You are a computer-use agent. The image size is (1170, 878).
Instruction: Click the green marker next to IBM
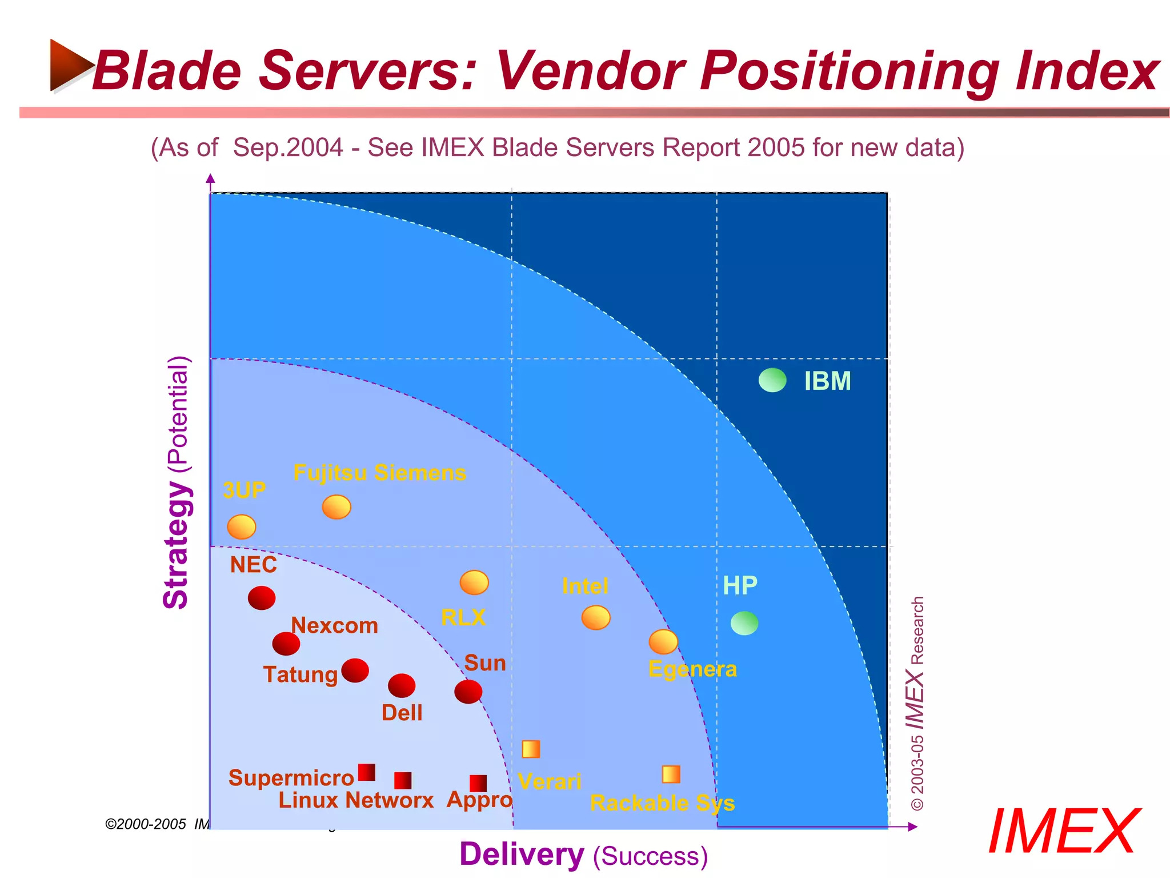pos(772,380)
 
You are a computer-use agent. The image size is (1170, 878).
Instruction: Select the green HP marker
pos(744,623)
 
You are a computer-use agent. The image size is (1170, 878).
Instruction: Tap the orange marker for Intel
pos(596,618)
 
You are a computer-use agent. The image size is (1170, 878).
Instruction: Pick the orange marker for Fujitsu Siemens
pos(336,507)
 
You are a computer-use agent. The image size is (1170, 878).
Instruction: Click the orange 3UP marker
pos(242,526)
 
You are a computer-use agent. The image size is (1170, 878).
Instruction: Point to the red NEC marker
pos(262,598)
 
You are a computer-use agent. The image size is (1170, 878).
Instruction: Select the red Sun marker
pos(468,692)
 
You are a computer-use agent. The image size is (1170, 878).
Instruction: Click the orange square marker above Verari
pos(531,749)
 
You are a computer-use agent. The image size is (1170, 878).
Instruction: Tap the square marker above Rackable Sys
pos(671,775)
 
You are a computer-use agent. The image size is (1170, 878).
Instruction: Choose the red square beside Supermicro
pos(367,772)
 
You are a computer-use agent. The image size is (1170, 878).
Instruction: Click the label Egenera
pos(692,669)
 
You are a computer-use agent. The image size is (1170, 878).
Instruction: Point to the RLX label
pos(463,617)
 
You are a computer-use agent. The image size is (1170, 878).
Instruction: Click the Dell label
pos(402,713)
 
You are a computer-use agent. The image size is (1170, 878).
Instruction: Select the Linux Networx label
pos(356,800)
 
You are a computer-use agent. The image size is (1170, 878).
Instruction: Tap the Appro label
pos(479,800)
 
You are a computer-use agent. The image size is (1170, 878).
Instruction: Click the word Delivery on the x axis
pos(522,855)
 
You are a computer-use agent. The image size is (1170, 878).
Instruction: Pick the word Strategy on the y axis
pos(176,545)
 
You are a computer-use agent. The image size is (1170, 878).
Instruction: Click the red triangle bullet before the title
pos(70,65)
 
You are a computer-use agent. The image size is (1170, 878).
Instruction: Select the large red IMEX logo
pos(1064,832)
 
